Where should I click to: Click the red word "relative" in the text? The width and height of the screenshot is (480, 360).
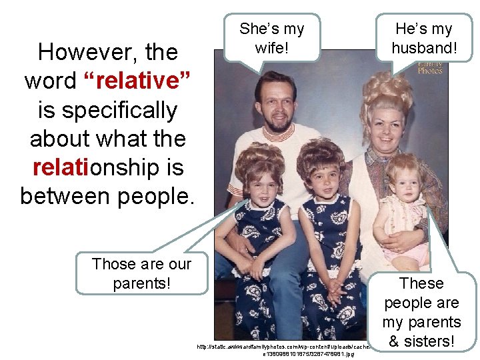pyautogui.click(x=137, y=81)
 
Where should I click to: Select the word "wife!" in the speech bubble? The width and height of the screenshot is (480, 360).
pyautogui.click(x=271, y=48)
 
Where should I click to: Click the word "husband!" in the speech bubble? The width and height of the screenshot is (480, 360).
pyautogui.click(x=423, y=48)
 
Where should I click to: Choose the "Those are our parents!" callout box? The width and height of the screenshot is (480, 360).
pyautogui.click(x=141, y=273)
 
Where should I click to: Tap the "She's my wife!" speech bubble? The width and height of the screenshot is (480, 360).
pyautogui.click(x=271, y=39)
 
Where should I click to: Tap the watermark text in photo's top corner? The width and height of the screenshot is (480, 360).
pyautogui.click(x=429, y=67)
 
